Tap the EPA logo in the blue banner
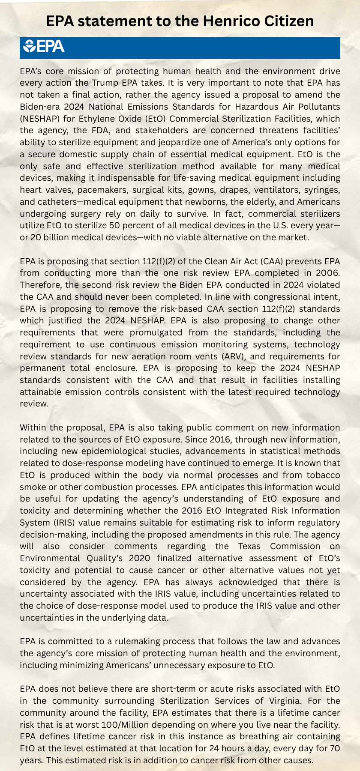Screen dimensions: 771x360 [x=44, y=46]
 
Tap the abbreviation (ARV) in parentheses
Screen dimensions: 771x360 [x=230, y=356]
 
